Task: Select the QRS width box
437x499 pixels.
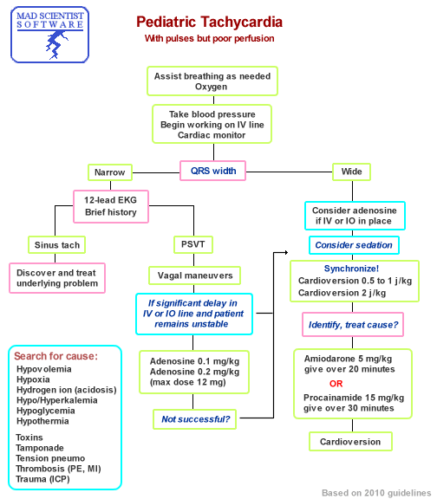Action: [212, 171]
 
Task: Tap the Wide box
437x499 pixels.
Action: [351, 172]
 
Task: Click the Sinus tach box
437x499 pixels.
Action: [58, 245]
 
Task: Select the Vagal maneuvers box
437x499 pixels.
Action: [194, 275]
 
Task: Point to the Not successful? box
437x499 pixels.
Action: [195, 419]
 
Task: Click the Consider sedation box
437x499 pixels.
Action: [353, 245]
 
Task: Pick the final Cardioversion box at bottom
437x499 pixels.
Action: [350, 441]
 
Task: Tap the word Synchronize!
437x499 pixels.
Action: [350, 269]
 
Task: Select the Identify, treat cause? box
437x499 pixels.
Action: [350, 325]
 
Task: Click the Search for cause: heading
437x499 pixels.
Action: [54, 357]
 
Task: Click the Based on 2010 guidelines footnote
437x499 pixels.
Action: [375, 492]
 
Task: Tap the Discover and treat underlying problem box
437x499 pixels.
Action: [57, 277]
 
